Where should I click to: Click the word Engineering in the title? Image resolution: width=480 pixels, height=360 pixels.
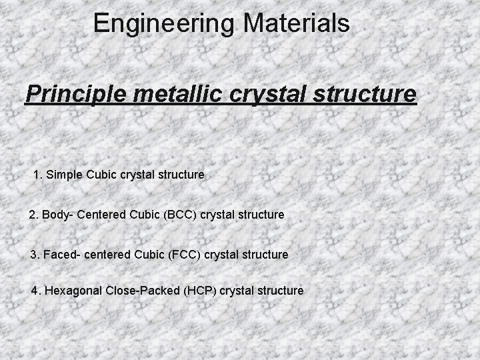click(163, 24)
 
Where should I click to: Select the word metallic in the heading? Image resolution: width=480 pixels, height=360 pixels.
click(175, 93)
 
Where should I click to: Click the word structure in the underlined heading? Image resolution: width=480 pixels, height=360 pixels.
click(365, 93)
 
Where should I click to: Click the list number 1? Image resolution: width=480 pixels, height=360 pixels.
click(37, 175)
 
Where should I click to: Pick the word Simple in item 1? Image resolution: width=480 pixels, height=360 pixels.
click(64, 175)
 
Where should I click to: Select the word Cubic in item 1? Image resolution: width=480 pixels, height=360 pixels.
click(101, 175)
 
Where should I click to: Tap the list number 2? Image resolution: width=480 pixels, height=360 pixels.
click(33, 215)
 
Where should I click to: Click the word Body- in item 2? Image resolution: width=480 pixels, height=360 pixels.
click(57, 215)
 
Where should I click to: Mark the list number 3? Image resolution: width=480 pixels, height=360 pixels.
click(35, 255)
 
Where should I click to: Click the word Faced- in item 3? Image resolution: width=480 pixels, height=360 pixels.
click(61, 255)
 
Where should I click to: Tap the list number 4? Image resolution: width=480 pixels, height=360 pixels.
click(35, 291)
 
